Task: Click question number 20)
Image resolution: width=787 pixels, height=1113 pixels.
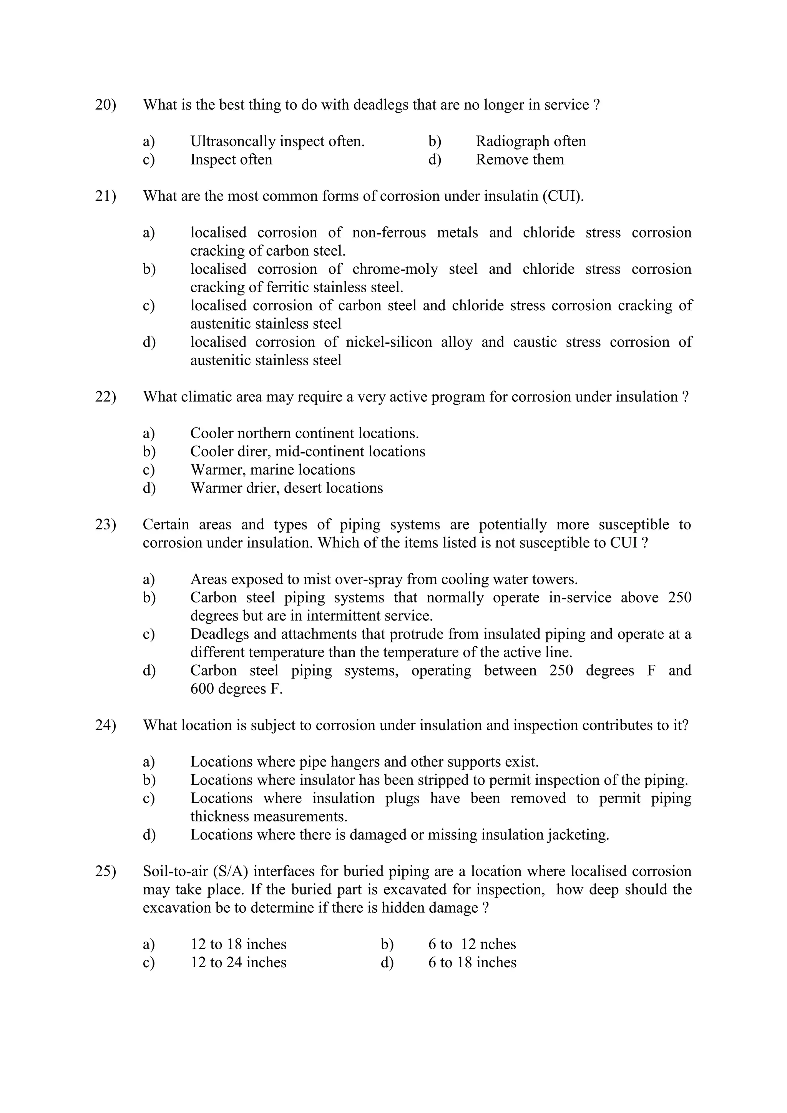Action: click(105, 105)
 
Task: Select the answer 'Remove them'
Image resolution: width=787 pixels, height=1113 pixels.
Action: click(520, 160)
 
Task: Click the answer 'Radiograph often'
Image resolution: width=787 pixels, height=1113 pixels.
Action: click(531, 141)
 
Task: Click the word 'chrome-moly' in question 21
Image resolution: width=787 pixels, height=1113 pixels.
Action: click(395, 269)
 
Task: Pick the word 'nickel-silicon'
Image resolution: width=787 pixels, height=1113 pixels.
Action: click(389, 342)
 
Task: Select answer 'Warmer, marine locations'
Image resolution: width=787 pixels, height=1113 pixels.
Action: click(272, 470)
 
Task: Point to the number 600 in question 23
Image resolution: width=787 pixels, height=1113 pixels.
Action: click(202, 689)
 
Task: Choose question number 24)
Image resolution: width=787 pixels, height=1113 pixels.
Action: click(105, 725)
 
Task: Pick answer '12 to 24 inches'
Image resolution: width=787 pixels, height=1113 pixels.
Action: click(238, 963)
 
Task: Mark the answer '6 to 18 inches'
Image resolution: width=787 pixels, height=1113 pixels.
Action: click(472, 963)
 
